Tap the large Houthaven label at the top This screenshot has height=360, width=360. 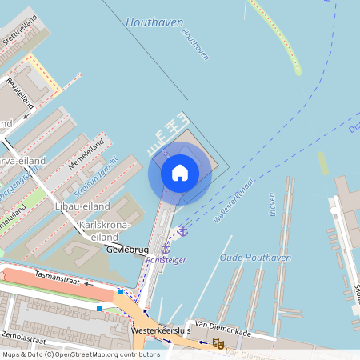click(x=154, y=22)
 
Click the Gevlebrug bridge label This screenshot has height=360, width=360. click(x=126, y=250)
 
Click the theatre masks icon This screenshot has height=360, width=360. click(x=218, y=344)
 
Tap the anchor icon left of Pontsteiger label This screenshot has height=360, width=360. click(x=166, y=248)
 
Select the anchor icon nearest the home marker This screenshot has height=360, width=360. click(x=182, y=230)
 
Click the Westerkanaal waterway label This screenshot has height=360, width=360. click(x=234, y=200)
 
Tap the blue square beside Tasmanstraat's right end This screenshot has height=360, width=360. click(x=121, y=292)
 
